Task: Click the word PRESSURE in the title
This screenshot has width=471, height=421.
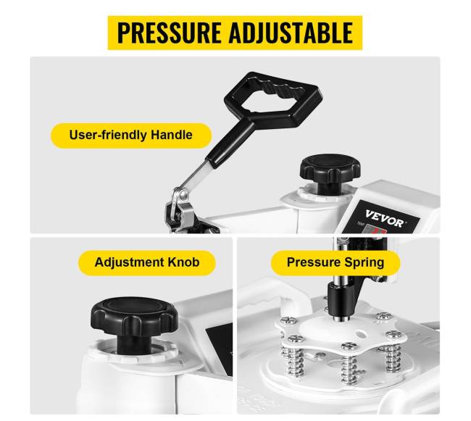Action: (169, 33)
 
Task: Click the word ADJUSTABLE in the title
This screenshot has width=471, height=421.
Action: (291, 33)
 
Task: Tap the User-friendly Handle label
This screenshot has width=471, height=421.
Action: (131, 135)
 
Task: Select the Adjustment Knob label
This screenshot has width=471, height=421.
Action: (147, 262)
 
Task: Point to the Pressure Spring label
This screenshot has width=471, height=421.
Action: (335, 262)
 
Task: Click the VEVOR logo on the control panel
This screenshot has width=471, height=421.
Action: (385, 218)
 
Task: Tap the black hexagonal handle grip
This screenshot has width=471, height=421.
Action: (273, 99)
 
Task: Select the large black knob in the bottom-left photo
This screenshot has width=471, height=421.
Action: (134, 321)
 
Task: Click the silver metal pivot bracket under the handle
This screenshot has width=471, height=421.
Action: (179, 210)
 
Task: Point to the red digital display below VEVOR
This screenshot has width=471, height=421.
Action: (377, 232)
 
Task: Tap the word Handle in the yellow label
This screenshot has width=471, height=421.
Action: (172, 135)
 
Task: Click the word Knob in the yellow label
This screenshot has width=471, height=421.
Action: (183, 262)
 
